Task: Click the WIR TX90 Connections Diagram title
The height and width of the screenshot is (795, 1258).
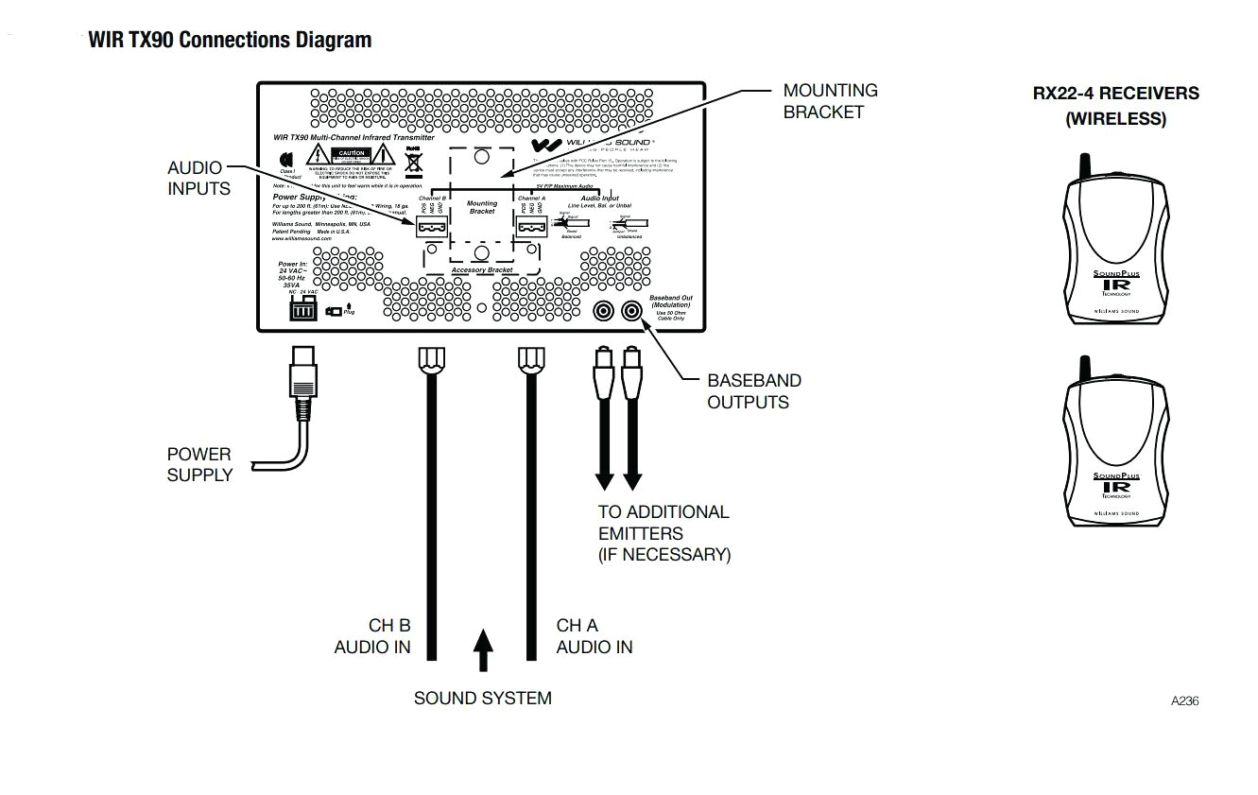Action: click(x=230, y=41)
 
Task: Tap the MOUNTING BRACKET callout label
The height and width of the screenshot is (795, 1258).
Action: click(x=830, y=101)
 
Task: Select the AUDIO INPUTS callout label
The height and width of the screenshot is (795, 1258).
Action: click(x=198, y=178)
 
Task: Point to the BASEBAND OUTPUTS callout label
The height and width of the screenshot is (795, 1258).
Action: click(x=753, y=391)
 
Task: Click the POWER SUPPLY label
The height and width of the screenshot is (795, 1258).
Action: click(x=199, y=464)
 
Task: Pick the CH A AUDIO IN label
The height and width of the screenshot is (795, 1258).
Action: click(x=595, y=636)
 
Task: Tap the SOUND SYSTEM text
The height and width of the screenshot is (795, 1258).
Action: click(x=482, y=699)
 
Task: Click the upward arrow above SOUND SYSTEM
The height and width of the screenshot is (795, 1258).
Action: click(x=483, y=649)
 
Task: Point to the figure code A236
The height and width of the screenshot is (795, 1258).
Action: click(x=1184, y=701)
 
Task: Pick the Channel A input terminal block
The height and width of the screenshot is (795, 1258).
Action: click(x=531, y=227)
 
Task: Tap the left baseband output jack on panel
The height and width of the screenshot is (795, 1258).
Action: click(x=601, y=310)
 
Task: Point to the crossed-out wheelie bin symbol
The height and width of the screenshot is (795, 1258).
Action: click(x=413, y=163)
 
